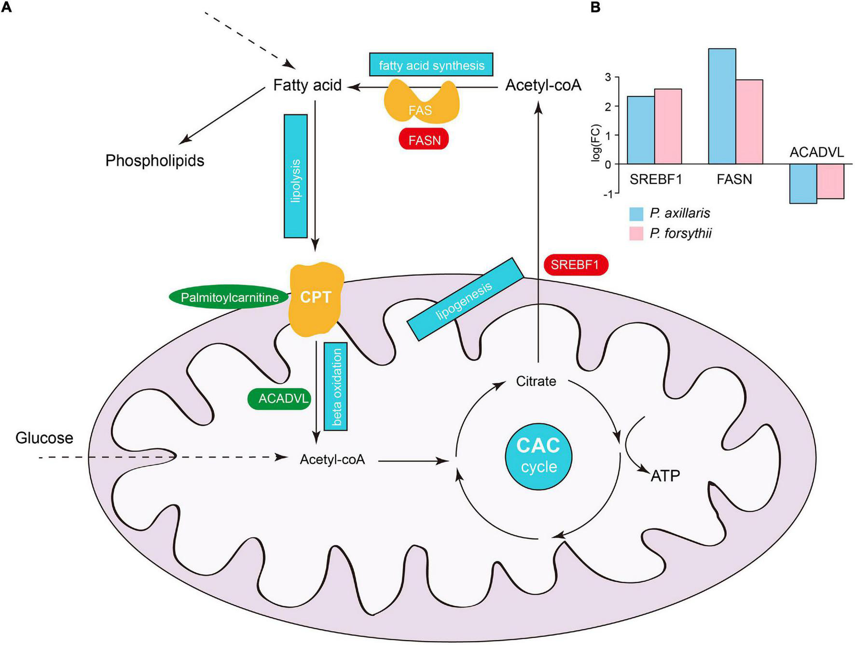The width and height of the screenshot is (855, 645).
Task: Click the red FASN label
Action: [424, 140]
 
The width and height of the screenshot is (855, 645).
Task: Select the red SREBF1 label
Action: [575, 265]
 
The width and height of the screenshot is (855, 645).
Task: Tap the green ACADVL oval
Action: [279, 399]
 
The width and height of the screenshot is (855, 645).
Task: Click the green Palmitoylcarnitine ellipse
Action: [229, 297]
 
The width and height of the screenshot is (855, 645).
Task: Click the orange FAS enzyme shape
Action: [421, 101]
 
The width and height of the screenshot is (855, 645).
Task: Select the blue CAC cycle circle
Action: [538, 456]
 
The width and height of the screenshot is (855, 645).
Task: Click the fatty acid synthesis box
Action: [431, 65]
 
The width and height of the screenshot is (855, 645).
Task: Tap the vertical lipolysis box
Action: [296, 176]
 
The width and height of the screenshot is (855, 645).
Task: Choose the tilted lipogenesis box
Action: [465, 299]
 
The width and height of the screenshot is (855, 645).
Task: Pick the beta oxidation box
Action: [336, 386]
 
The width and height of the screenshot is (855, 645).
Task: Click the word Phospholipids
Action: [155, 160]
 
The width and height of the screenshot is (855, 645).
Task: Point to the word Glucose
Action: [44, 438]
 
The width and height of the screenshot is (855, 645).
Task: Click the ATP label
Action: [665, 476]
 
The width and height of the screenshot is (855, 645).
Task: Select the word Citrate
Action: [536, 381]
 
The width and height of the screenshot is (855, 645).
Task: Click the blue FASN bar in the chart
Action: [722, 106]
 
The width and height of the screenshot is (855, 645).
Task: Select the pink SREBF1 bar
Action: [668, 126]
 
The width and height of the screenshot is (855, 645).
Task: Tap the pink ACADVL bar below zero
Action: [830, 181]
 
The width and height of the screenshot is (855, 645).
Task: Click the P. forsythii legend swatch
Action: [636, 234]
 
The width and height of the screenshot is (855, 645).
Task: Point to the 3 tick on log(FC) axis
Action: [608, 77]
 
